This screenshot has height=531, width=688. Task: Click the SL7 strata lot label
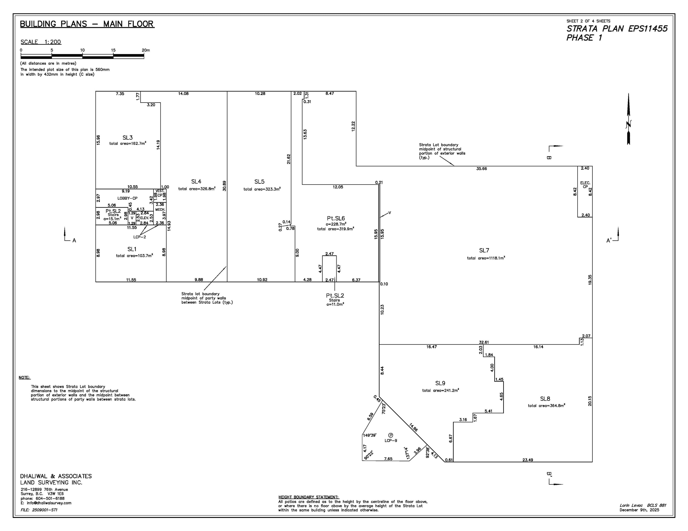484,250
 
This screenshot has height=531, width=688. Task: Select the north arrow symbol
628,119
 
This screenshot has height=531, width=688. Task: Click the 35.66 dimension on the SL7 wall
481,169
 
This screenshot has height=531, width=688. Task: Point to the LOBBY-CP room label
127,198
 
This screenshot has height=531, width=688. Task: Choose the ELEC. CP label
585,185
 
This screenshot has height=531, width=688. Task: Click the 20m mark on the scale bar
146,50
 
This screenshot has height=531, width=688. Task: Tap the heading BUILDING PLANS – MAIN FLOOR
87,24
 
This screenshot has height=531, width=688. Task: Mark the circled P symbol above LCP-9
391,435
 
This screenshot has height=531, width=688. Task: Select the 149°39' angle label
370,435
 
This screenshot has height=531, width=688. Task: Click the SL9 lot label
440,383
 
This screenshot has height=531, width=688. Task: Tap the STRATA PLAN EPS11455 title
617,29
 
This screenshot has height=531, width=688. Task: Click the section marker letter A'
609,241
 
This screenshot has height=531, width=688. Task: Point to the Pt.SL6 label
336,218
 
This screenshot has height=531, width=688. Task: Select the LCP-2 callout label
140,237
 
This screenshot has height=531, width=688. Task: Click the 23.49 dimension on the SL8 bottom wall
528,460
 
